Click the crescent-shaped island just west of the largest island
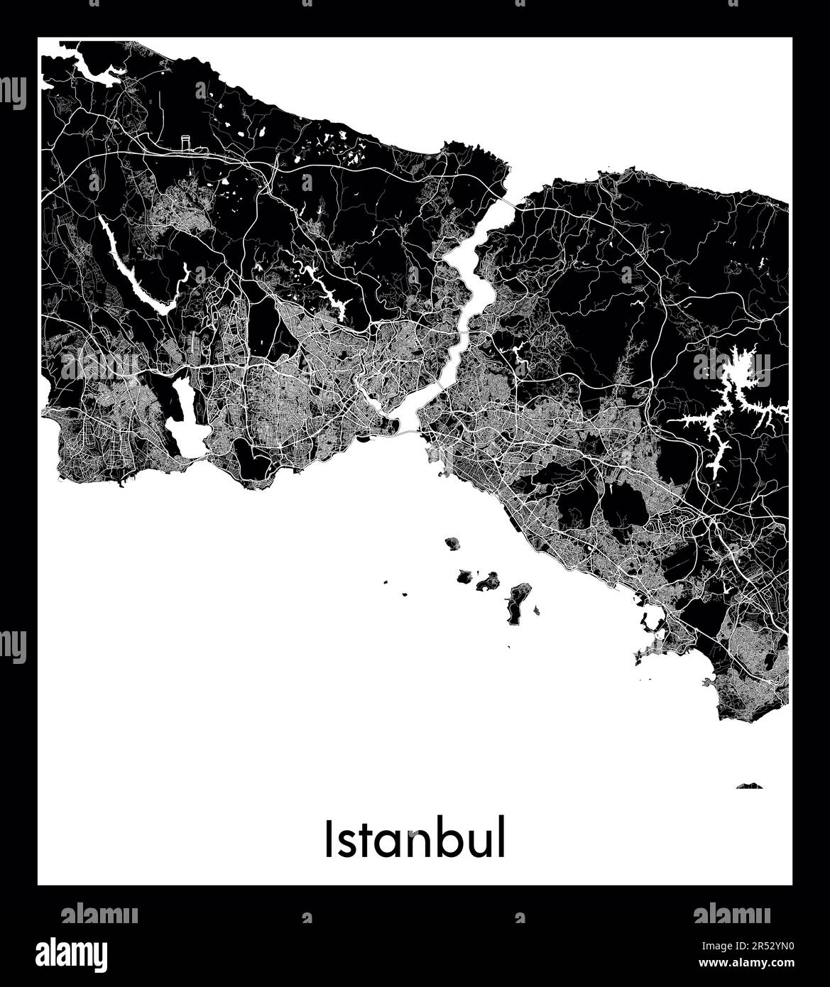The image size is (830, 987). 488,583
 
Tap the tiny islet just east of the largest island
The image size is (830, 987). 537,609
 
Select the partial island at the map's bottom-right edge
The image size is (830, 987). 749,786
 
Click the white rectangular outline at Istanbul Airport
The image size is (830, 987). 186,143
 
